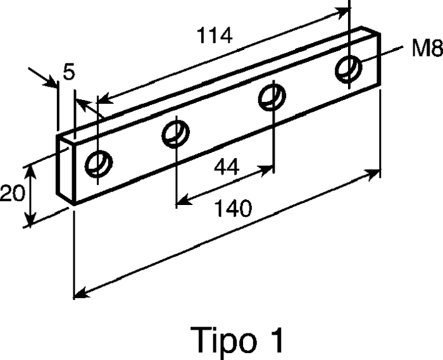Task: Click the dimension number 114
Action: coord(215,35)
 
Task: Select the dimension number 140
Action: coord(233,208)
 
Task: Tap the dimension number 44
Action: coord(227,167)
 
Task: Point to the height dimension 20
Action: coord(12,193)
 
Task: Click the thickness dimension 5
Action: coord(69,71)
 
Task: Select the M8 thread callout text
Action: coord(427,48)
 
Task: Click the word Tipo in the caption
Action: coord(223,340)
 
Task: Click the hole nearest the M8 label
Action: coord(349,70)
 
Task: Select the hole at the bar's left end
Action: coord(99,164)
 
